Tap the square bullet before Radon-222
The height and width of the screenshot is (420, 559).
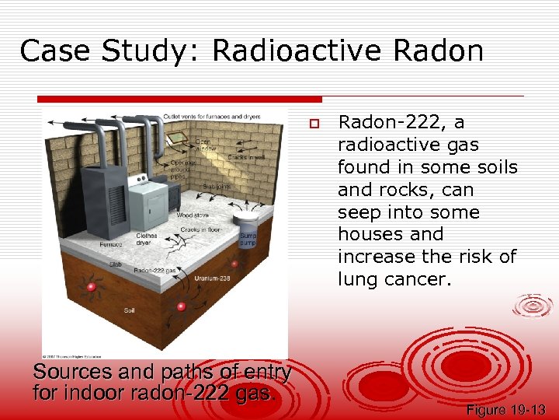pos(314,124)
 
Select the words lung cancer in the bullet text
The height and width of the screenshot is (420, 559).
pos(396,279)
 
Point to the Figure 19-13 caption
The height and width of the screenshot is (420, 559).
pos(506,410)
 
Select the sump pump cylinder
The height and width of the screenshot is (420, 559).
pos(249,226)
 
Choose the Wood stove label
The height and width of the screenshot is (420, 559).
pos(192,214)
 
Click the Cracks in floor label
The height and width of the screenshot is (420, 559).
pos(200,230)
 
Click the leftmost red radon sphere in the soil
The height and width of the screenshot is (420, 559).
pos(91,288)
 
